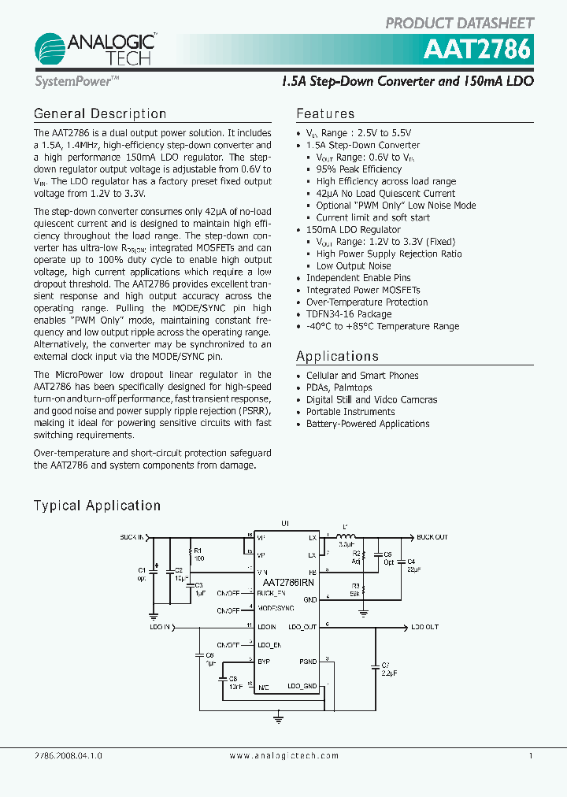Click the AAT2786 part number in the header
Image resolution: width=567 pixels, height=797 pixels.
tap(477, 50)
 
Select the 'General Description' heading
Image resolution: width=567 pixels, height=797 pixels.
tap(100, 114)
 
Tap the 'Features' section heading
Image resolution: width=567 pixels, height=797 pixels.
tap(325, 114)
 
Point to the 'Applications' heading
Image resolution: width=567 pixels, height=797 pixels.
tap(337, 357)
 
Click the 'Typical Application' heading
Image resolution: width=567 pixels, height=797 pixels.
tap(97, 506)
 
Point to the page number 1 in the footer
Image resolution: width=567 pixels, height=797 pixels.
tap(531, 756)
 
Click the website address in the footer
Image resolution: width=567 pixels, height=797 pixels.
tap(283, 756)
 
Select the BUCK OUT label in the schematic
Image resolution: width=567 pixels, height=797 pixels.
tap(432, 537)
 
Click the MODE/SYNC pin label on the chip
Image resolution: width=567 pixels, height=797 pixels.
tap(276, 609)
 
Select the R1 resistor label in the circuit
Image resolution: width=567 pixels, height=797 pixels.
tap(198, 550)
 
